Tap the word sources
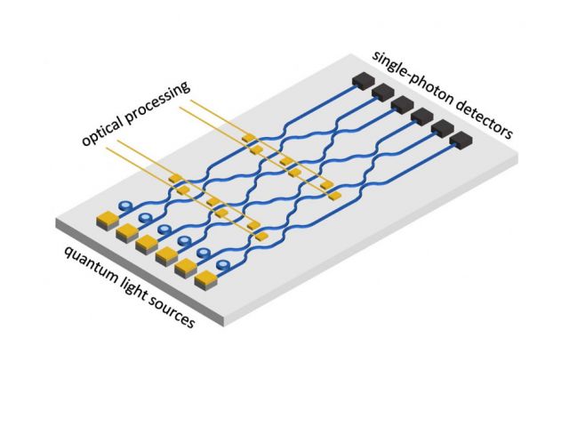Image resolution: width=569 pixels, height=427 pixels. coord(174,312)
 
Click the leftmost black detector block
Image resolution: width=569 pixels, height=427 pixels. coord(361,81)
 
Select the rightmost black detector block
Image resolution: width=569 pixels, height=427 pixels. coord(462,141)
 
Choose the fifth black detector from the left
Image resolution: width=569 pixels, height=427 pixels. coord(442,130)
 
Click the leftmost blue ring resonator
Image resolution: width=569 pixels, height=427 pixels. coord(126,205)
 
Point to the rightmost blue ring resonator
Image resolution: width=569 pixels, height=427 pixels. coord(222,264)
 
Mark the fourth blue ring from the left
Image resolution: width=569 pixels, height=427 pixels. coord(184,241)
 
